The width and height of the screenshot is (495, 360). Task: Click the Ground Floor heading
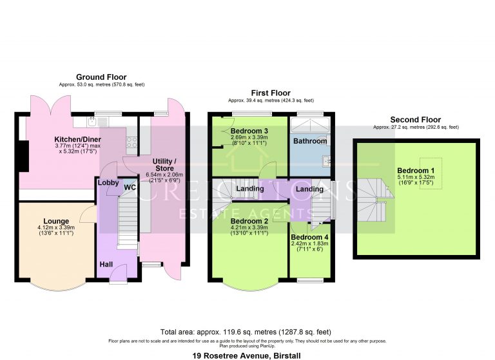[101, 77]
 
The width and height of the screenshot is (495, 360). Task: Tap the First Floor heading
[271, 93]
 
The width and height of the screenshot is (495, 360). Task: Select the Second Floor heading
[416, 120]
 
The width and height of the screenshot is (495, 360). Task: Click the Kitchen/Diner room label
[77, 140]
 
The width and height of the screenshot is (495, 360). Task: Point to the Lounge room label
[56, 222]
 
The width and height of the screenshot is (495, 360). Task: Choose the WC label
[130, 187]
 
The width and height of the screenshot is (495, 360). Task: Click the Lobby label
[108, 183]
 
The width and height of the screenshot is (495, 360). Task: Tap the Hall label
[106, 265]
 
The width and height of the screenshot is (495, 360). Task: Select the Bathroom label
[310, 141]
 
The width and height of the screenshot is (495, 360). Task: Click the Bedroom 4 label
[309, 237]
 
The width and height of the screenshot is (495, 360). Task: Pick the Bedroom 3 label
[249, 131]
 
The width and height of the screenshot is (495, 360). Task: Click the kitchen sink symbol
[92, 121]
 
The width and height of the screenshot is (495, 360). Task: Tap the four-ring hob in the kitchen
[131, 142]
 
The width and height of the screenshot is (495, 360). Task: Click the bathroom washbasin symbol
[326, 161]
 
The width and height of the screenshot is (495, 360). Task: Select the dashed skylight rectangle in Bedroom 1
[431, 173]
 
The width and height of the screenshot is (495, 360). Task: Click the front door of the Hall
[119, 273]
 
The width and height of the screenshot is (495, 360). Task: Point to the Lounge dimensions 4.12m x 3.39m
[56, 227]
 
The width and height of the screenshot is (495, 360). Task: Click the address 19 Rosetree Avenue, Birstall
[247, 355]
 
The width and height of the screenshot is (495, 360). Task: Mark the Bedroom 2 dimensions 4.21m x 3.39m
[249, 227]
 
